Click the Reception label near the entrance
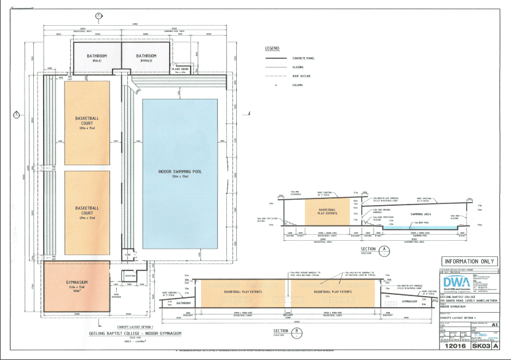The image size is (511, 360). tap(130, 276)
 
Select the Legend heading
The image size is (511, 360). tap(272, 48)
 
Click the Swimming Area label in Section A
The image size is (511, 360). tap(419, 215)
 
